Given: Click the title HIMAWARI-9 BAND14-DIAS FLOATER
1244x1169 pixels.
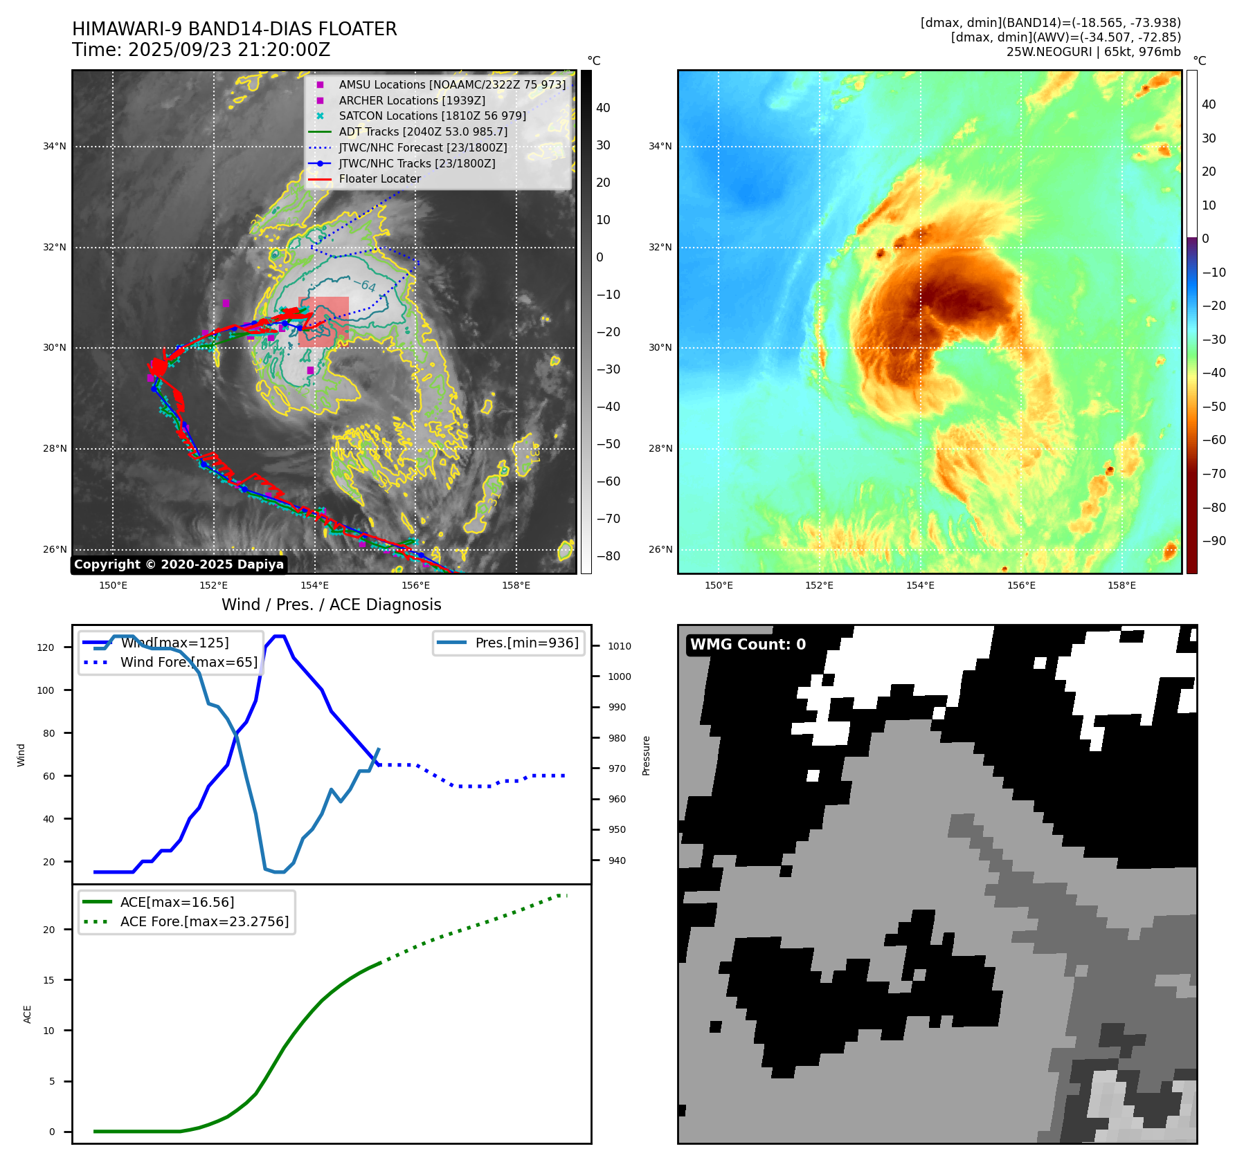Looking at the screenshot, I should [x=234, y=29].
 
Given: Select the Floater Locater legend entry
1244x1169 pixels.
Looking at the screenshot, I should [x=379, y=179].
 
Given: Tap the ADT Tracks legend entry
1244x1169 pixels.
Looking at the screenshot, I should [x=423, y=131].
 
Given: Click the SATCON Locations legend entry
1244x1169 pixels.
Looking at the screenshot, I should [x=432, y=116].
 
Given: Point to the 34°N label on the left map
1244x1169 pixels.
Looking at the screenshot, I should [x=55, y=147].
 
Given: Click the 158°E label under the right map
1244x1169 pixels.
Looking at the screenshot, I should [x=1121, y=585].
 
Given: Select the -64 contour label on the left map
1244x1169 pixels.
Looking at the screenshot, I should [x=365, y=285].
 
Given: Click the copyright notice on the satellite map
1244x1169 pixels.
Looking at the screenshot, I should [x=179, y=564].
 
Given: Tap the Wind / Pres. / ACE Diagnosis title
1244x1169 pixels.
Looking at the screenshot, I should [x=331, y=605].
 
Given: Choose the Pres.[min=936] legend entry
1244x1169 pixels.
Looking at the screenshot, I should [x=526, y=643].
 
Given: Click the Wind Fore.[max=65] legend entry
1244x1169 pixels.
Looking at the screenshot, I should [x=188, y=662].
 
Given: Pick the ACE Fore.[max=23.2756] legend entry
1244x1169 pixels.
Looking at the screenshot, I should [x=204, y=921].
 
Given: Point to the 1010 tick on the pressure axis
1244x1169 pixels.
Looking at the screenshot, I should [x=619, y=646].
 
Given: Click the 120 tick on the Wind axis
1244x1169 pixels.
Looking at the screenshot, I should [x=46, y=647].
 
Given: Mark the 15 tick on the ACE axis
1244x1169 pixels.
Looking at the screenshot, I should [x=48, y=980].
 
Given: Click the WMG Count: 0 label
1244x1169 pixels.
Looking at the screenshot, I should [x=748, y=645].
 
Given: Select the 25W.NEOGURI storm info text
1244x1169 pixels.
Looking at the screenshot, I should [x=1093, y=52].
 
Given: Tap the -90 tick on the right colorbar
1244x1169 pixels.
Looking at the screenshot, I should [x=1214, y=541].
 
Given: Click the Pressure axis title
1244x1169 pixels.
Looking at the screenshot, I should [x=646, y=755].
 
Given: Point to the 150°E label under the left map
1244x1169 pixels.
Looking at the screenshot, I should [x=113, y=585].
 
